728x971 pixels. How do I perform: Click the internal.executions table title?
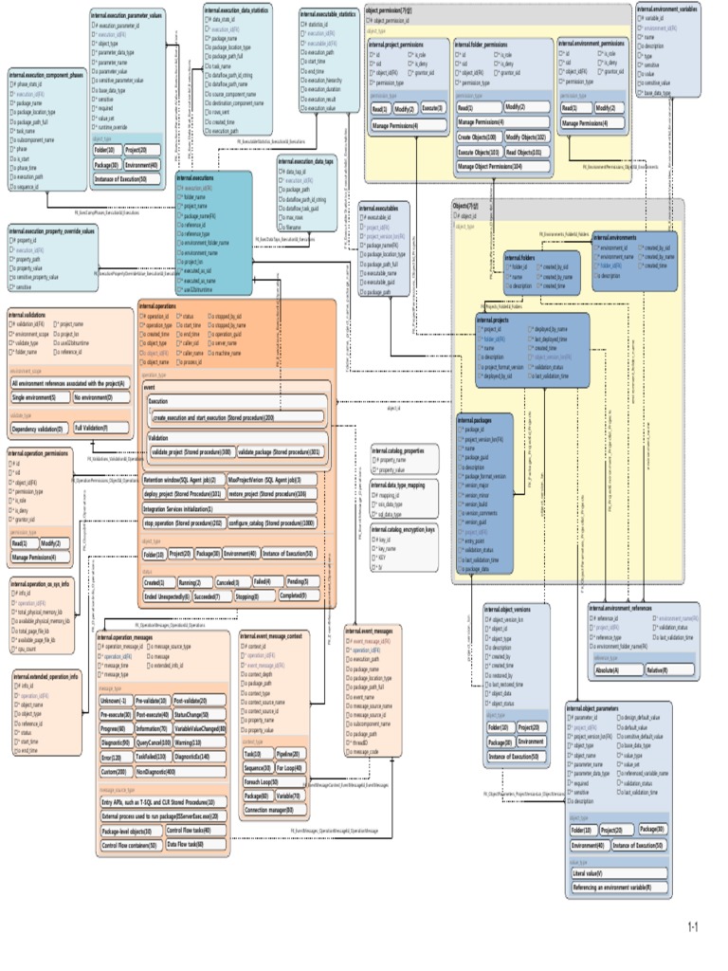pos(195,177)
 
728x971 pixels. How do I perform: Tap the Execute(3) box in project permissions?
pos(432,108)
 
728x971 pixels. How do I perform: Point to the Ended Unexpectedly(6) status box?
pos(165,596)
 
